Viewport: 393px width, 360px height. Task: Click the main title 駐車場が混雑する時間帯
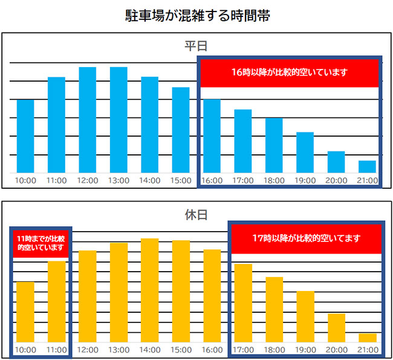pyautogui.click(x=197, y=16)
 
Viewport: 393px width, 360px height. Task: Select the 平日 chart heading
pyautogui.click(x=197, y=47)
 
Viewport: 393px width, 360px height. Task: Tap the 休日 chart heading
pyautogui.click(x=197, y=215)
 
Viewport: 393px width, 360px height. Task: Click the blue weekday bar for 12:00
pyautogui.click(x=88, y=120)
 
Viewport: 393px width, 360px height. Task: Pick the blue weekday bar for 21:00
pyautogui.click(x=367, y=166)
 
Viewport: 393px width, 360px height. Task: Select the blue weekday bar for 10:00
pyautogui.click(x=25, y=136)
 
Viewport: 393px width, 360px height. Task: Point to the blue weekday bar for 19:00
pyautogui.click(x=305, y=152)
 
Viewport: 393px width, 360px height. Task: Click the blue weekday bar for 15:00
pyautogui.click(x=181, y=130)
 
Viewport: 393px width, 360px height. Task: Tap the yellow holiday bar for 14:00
pyautogui.click(x=149, y=290)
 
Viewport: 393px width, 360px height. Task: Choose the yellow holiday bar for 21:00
pyautogui.click(x=367, y=338)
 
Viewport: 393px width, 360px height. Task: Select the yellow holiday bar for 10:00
pyautogui.click(x=25, y=312)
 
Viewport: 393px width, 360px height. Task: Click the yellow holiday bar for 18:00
pyautogui.click(x=274, y=309)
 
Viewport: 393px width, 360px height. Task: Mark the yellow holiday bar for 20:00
pyautogui.click(x=336, y=327)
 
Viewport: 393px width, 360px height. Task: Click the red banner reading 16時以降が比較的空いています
pyautogui.click(x=290, y=73)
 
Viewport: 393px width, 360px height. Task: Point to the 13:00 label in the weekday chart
pyautogui.click(x=119, y=180)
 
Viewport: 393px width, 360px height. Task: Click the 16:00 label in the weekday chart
pyautogui.click(x=212, y=180)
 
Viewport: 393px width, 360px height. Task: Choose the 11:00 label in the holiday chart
pyautogui.click(x=56, y=350)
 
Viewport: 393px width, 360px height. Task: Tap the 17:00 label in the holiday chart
pyautogui.click(x=243, y=350)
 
